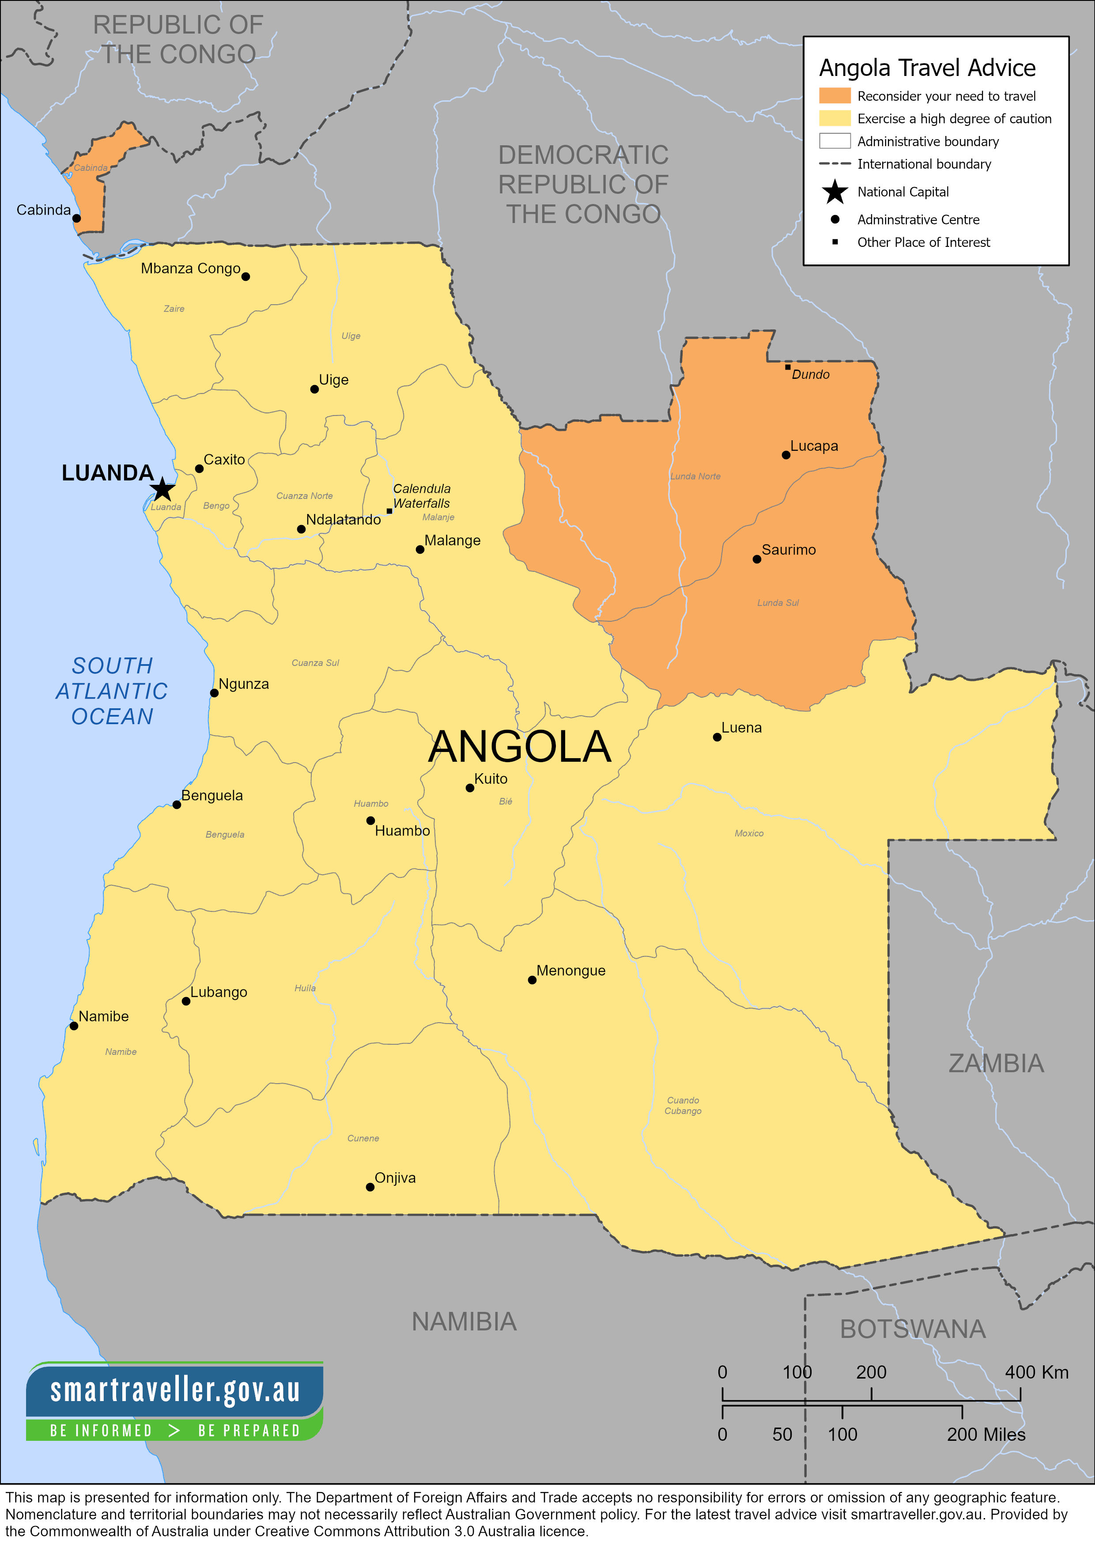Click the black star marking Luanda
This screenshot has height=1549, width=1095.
tap(162, 490)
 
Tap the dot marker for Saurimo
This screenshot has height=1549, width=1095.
tap(757, 559)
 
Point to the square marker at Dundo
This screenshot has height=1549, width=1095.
tap(787, 367)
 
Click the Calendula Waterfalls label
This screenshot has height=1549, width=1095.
tap(422, 496)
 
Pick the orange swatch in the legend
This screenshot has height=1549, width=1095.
tap(834, 96)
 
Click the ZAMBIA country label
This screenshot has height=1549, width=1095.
tap(996, 1063)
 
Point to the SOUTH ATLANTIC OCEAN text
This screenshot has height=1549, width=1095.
tap(112, 691)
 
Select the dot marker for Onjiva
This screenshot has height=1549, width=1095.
tap(370, 1187)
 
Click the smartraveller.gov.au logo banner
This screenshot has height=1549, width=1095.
tap(175, 1401)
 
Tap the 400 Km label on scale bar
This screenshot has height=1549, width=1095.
tap(1036, 1372)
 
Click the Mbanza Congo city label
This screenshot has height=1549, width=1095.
tap(190, 268)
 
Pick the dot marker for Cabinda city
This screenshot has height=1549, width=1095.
tap(76, 218)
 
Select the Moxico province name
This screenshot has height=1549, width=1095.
tap(749, 833)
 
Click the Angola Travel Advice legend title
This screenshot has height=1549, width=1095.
tap(927, 68)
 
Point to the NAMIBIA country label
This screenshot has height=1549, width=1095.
tap(464, 1322)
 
